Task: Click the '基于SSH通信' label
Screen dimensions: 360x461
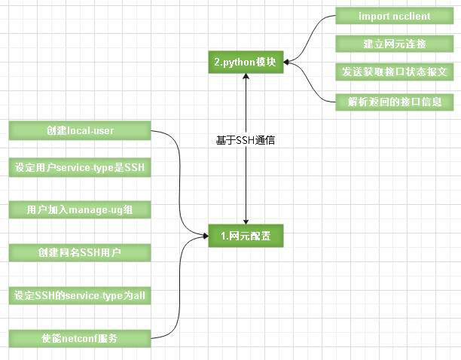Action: (x=245, y=140)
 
